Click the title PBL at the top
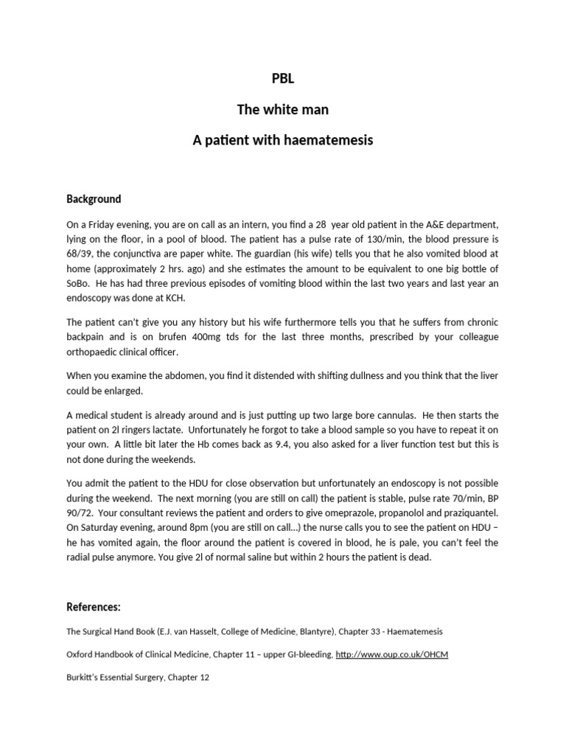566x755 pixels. coord(283,80)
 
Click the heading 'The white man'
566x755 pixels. coord(283,110)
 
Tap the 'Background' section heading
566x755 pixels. coord(94,199)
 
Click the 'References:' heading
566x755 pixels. coord(94,608)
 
